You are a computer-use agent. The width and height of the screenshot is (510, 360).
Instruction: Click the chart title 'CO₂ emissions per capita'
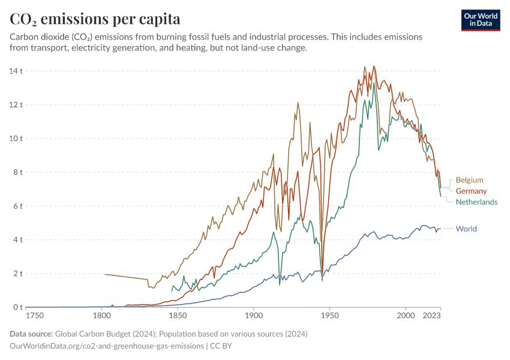[95, 19]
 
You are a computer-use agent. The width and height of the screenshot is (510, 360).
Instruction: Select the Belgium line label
[469, 180]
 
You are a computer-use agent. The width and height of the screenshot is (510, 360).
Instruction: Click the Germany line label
[471, 191]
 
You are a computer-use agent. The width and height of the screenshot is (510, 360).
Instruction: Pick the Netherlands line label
[476, 202]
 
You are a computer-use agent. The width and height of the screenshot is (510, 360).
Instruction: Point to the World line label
[466, 229]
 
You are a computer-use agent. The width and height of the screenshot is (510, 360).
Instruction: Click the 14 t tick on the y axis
[16, 71]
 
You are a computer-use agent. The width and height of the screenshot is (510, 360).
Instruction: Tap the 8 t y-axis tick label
[17, 172]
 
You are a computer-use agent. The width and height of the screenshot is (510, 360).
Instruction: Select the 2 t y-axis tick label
[17, 274]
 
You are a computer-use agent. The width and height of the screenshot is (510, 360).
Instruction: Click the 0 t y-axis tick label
[17, 307]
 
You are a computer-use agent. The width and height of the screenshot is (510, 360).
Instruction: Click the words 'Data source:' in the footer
[31, 334]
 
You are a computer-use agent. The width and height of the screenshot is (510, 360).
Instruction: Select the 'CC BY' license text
[221, 346]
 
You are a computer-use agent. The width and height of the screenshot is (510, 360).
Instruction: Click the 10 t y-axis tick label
[16, 139]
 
